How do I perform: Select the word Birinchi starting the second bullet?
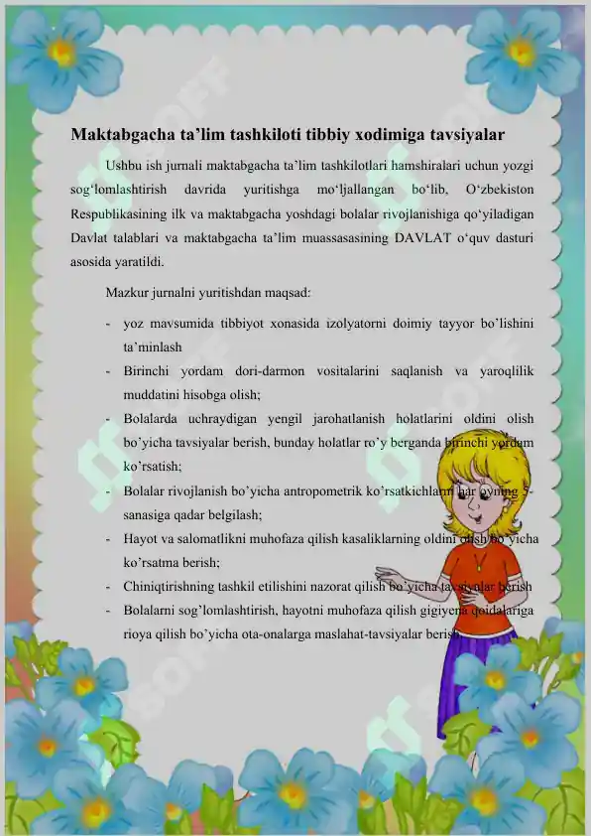tap(150, 371)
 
